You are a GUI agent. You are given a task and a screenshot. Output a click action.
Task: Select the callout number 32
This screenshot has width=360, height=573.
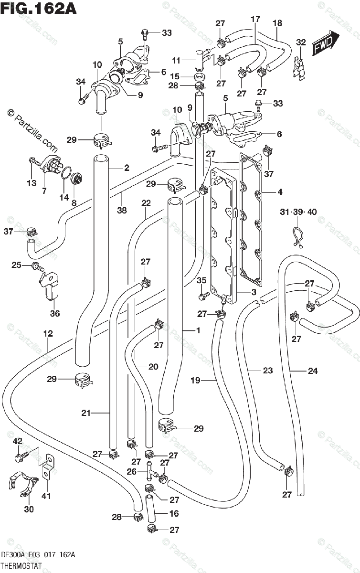pos(301,42)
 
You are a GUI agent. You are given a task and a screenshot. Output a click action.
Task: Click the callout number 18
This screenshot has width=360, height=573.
pos(277,23)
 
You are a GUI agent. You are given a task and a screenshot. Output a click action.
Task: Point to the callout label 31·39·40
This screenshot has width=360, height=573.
pos(298,212)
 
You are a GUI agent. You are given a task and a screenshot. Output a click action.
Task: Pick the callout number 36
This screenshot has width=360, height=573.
pos(55,313)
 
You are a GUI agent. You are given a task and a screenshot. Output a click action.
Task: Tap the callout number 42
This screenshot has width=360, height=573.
pos(18,441)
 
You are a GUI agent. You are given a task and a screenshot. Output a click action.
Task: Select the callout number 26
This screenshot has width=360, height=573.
pos(131,471)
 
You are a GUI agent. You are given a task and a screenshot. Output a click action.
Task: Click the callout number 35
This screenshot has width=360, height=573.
pos(201,280)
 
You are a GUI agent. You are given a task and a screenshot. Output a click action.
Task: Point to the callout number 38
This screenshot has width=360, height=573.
pos(122,210)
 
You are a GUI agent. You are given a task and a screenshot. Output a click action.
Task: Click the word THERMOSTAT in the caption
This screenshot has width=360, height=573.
pos(21,565)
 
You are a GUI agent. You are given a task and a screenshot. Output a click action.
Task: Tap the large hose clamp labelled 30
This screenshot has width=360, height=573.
pos(23,483)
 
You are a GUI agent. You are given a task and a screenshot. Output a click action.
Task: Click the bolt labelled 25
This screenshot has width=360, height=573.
pos(38,267)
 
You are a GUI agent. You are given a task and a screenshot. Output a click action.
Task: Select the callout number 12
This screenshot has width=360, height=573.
pos(48,333)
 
